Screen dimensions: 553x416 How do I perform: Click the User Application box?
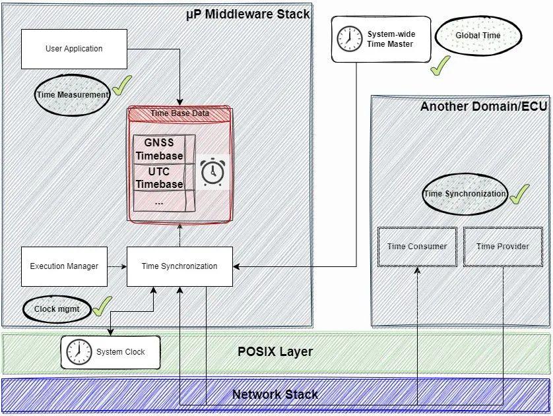click(x=74, y=49)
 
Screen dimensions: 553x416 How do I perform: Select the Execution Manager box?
click(x=64, y=266)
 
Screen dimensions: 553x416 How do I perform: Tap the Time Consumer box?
click(x=417, y=247)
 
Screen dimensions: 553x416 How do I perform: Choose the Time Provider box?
click(x=503, y=247)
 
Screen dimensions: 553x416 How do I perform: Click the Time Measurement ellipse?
click(x=73, y=94)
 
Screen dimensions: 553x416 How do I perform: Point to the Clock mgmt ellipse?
click(x=57, y=309)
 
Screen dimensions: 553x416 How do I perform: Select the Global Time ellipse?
click(x=478, y=35)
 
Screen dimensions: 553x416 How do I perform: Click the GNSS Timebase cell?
click(x=160, y=150)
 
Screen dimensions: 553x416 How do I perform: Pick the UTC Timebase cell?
click(x=160, y=177)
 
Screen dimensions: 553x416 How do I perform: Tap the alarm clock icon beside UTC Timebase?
click(x=212, y=173)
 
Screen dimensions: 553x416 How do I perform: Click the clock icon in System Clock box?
click(x=79, y=352)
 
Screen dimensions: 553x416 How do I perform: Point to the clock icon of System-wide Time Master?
click(x=350, y=39)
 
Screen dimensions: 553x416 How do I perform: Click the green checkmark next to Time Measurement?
click(x=121, y=86)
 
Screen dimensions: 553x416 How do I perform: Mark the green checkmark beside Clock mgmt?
click(x=102, y=305)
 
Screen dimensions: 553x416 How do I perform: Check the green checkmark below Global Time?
click(x=440, y=65)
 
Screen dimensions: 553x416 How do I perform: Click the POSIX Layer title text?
click(x=275, y=351)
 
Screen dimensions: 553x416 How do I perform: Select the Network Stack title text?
click(x=275, y=394)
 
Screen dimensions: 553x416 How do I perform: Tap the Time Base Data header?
click(x=180, y=114)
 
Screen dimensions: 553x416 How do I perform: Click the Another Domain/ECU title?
click(x=484, y=106)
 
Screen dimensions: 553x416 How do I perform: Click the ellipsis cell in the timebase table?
click(x=160, y=202)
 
